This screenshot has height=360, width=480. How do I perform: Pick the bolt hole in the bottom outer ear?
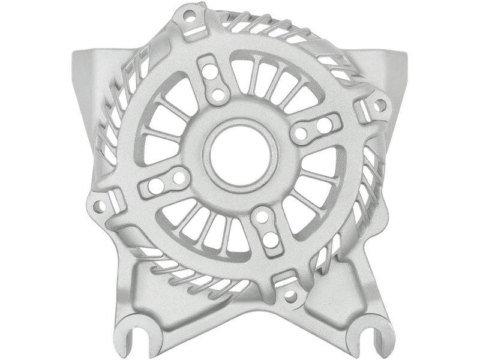(292, 295)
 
